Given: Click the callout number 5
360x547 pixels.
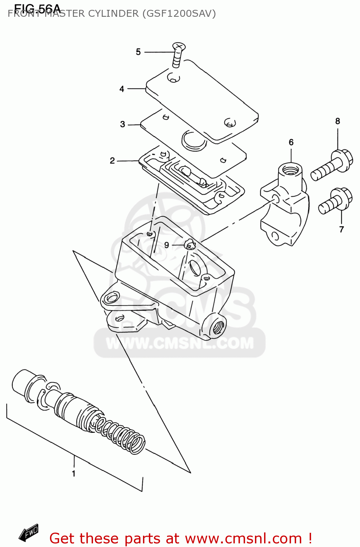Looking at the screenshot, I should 138,52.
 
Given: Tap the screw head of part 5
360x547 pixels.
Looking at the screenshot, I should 179,46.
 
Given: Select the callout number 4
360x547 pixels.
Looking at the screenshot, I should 122,89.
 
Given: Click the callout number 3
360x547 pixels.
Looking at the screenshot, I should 123,124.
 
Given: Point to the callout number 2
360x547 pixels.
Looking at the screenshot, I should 112,161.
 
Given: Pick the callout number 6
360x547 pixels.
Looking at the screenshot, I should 291,142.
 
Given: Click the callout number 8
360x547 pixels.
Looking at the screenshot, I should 337,121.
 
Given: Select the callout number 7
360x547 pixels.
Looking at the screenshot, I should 341,229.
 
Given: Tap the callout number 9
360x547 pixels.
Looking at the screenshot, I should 167,245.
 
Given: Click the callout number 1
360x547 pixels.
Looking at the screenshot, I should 74,474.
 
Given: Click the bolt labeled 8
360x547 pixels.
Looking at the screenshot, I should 332,166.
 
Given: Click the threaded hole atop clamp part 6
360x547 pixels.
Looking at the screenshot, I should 290,170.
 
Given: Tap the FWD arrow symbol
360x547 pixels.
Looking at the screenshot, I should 29,533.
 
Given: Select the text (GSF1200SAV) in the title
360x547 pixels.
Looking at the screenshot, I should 179,13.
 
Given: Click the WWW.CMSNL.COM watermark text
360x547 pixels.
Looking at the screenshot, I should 179,343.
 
